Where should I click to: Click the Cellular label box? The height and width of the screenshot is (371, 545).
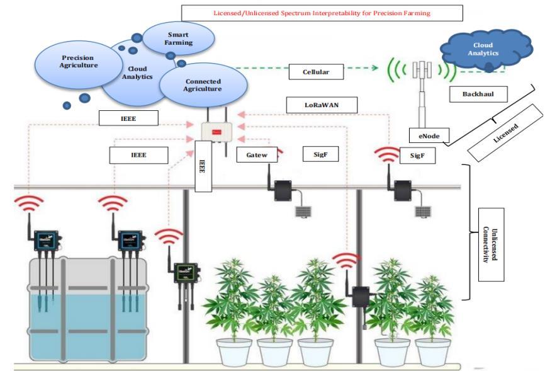(x=316, y=72)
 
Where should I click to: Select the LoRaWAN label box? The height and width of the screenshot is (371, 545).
(x=322, y=105)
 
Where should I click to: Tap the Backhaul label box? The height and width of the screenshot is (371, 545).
(x=478, y=94)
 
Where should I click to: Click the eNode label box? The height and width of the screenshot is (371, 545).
(x=429, y=136)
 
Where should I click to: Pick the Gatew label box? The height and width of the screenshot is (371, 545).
(x=257, y=155)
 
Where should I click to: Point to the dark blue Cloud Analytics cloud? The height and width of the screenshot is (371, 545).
(x=486, y=50)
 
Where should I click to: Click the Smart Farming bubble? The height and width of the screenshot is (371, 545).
(x=178, y=38)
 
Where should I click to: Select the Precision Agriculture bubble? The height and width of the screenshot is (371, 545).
(x=78, y=64)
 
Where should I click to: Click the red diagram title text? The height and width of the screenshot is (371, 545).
(x=322, y=13)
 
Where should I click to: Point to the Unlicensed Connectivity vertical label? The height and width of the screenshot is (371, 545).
(x=491, y=244)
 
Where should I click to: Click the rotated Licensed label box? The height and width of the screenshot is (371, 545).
(x=505, y=133)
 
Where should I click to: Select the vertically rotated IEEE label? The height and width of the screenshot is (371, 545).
(x=203, y=166)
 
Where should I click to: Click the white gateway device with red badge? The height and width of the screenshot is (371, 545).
(x=217, y=132)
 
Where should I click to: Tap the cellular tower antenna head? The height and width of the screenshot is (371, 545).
(x=422, y=70)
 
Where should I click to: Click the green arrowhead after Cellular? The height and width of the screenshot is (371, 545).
(x=374, y=67)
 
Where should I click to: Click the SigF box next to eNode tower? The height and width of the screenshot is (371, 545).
(x=417, y=155)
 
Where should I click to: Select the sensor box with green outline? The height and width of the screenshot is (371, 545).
(x=187, y=273)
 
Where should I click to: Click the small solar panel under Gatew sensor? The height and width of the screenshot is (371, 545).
(x=303, y=212)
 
